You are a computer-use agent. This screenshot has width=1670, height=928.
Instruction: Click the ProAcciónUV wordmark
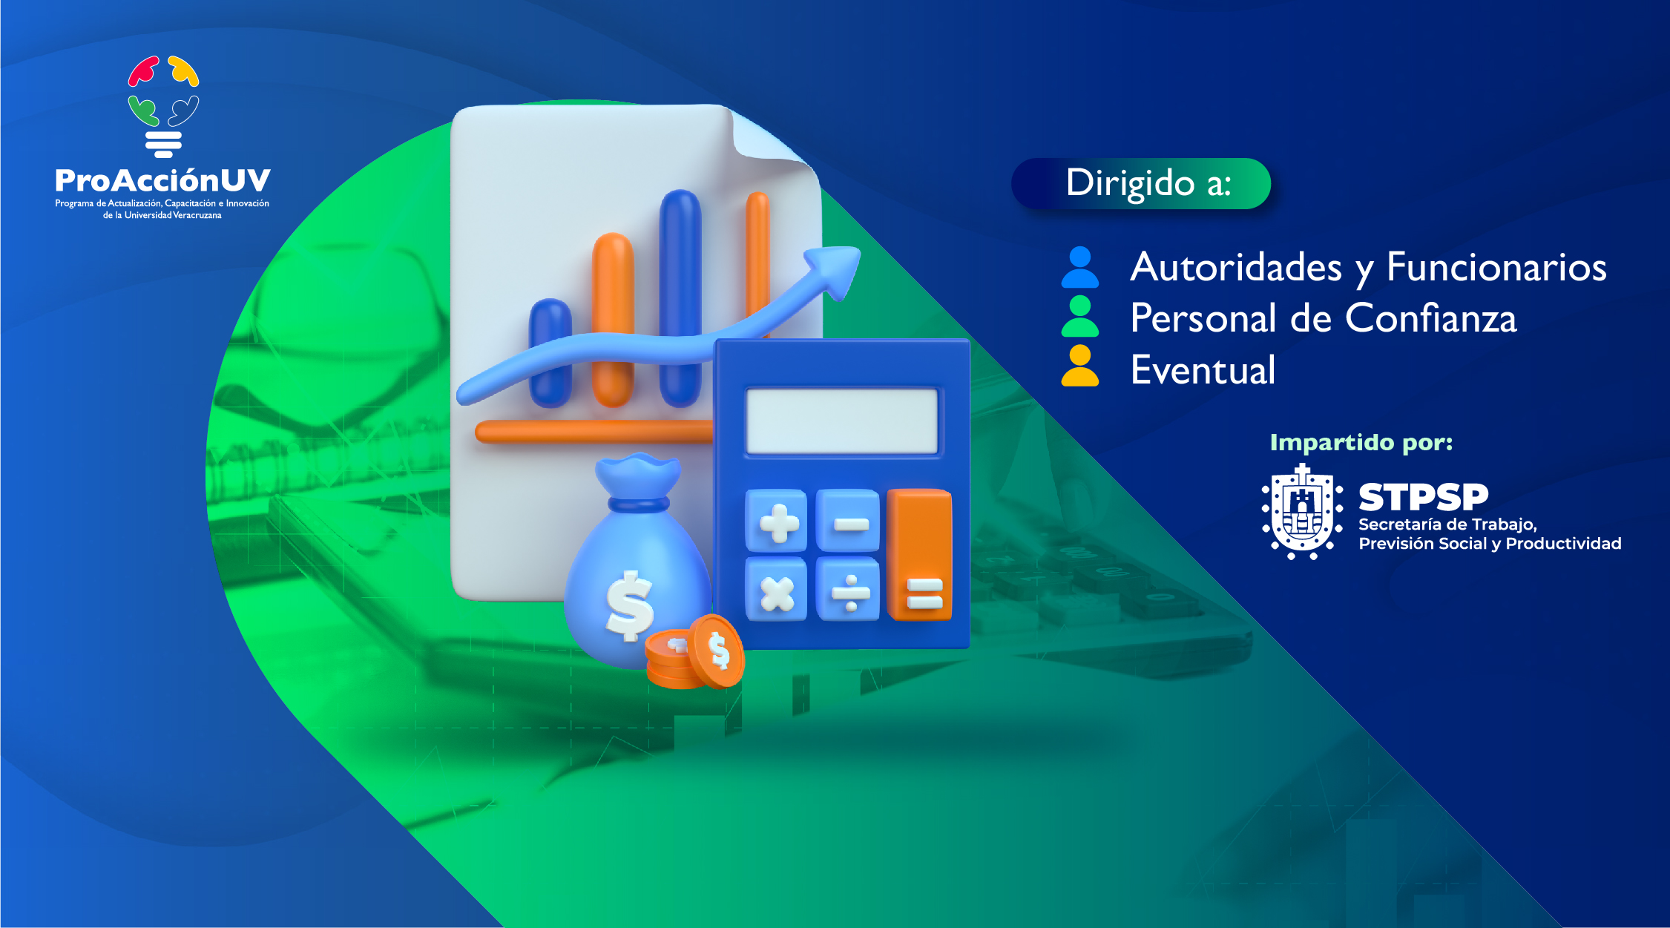click(162, 180)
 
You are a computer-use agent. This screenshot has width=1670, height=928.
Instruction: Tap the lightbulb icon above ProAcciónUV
click(163, 107)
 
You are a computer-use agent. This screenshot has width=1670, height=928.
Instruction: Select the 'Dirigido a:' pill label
click(1141, 183)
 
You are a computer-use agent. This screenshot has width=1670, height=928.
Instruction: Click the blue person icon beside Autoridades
click(1080, 267)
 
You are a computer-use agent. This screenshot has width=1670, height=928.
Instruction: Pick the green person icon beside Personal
click(1080, 317)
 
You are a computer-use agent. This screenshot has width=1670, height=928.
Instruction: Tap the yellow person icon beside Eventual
click(1080, 366)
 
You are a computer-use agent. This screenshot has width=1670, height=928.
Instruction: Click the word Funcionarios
click(1496, 267)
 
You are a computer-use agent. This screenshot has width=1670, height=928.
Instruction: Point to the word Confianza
click(1431, 318)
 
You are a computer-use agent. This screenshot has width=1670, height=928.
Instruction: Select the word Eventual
click(1203, 369)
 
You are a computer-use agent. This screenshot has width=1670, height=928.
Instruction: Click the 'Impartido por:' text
click(1361, 442)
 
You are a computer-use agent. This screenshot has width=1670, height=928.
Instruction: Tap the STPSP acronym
click(1423, 497)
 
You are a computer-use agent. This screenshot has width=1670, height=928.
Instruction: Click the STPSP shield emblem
click(1302, 512)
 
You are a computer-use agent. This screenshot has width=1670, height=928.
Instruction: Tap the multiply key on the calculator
click(777, 589)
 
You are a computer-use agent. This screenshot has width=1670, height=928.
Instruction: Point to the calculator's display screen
click(842, 420)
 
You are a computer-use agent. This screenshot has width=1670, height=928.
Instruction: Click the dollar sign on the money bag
click(630, 605)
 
